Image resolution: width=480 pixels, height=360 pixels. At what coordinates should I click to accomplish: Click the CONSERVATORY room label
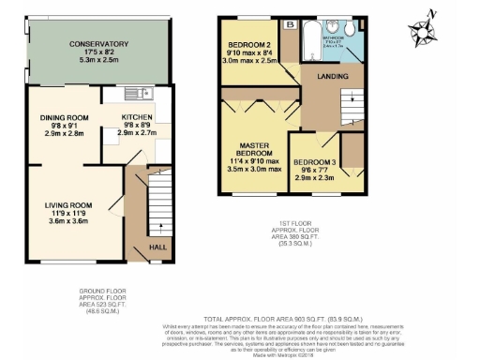[97, 44]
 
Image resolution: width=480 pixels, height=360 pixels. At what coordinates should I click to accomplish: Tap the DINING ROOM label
[65, 118]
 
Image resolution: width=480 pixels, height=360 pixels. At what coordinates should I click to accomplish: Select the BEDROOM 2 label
[250, 45]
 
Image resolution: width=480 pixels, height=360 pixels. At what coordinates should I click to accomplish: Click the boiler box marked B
[291, 23]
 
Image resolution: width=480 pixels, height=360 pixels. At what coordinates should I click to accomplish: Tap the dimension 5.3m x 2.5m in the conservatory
[97, 61]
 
